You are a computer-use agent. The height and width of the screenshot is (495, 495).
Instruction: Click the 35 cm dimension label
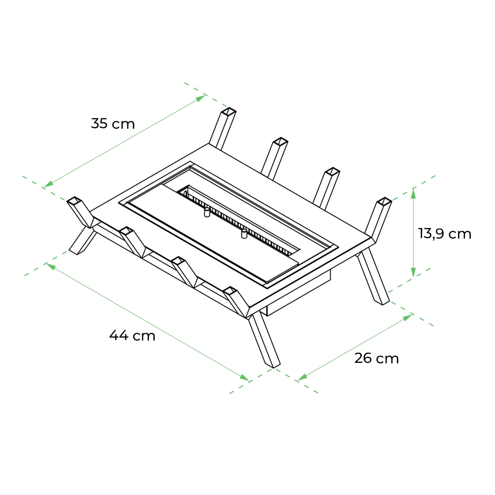tap(113, 123)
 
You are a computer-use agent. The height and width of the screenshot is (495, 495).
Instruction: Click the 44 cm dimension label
tap(132, 335)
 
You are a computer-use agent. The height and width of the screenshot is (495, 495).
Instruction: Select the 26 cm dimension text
tap(377, 358)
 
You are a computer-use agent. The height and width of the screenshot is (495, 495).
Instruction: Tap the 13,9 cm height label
tap(445, 234)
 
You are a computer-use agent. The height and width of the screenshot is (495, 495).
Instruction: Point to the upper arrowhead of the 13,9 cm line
tap(413, 193)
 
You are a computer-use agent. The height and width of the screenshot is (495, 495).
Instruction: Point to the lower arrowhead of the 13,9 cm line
tap(413, 272)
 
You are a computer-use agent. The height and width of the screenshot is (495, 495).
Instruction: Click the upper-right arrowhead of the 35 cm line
tap(200, 98)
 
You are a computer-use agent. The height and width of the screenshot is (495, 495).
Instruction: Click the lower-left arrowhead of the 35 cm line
tap(49, 184)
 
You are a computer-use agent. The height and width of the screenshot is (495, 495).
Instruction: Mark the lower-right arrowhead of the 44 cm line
tap(245, 377)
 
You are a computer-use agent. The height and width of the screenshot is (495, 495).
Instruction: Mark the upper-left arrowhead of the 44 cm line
tap(51, 266)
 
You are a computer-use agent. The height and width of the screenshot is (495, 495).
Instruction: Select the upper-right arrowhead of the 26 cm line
tap(407, 317)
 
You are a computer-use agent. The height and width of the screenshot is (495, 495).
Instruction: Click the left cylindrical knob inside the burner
tap(207, 212)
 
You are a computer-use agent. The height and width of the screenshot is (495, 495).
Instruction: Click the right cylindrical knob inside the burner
tap(244, 233)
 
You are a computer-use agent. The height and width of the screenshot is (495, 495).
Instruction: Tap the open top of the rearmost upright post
tap(229, 111)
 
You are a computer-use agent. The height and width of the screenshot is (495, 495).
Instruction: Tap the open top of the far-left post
tap(75, 201)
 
